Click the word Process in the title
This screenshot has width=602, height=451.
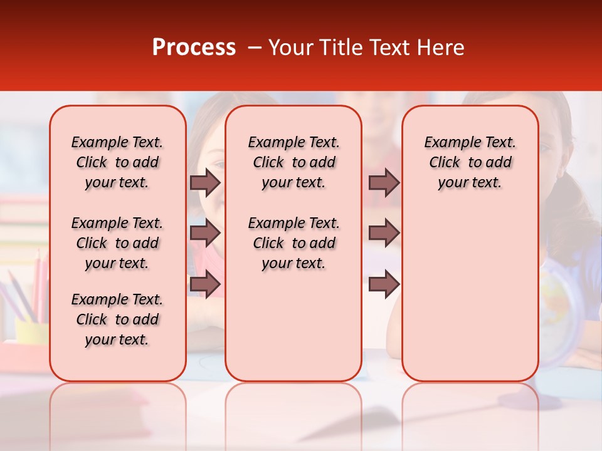pos(193,48)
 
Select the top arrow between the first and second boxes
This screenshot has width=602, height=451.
pos(205,182)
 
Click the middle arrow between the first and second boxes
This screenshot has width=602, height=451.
pos(205,233)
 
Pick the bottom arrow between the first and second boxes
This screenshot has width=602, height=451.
pos(205,283)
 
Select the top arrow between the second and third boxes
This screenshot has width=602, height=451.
pos(384,182)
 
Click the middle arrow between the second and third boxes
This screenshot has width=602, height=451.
pos(384,233)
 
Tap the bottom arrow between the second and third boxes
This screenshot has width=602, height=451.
pos(384,283)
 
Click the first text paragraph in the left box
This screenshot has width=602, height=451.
pos(117,162)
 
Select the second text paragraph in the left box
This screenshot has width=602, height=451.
pos(117,243)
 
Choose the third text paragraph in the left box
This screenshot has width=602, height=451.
pos(117,319)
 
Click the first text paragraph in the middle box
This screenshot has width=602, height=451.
pos(293,162)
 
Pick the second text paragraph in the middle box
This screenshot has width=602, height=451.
pos(293,243)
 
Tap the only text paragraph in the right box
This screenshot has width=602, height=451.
pos(470,162)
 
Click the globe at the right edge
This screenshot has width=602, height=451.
pos(561,313)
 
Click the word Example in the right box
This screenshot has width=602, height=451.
pos(447,143)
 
